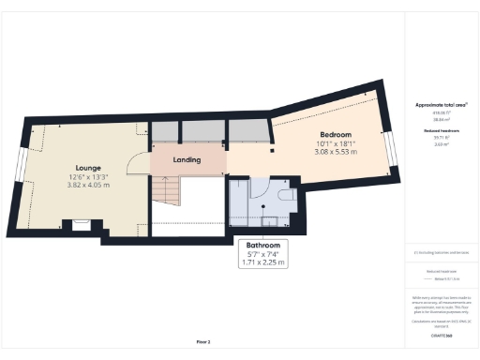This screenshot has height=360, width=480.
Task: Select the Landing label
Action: pos(187,159)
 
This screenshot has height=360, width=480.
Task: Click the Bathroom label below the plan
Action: pos(262,245)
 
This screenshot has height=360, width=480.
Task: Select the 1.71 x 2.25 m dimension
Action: pos(262,263)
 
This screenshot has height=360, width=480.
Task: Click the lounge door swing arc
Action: pos(139,163)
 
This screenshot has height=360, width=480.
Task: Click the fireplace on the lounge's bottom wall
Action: pos(78,225)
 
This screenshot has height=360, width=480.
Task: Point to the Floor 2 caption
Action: pos(203,341)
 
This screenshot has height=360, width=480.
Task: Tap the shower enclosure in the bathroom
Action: pos(246,202)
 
